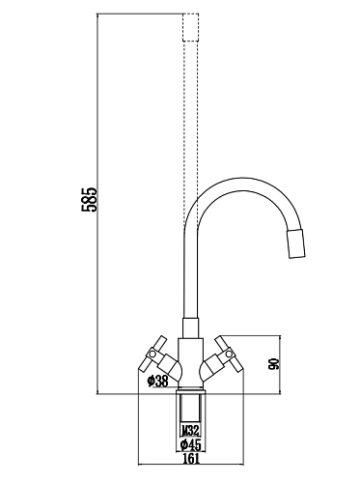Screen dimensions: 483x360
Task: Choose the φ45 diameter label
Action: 193,445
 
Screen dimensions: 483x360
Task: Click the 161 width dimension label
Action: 193,460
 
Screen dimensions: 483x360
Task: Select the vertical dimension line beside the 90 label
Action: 280,365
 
